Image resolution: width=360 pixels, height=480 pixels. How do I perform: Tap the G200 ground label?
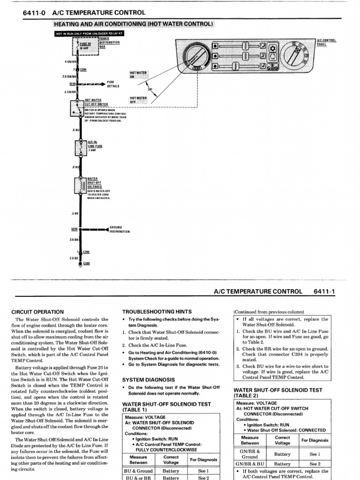click(x=86, y=264)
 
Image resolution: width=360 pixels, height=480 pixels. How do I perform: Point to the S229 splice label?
click(x=74, y=229)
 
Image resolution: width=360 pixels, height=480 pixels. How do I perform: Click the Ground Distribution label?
click(x=120, y=229)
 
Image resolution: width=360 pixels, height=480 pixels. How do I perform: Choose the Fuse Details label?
click(x=113, y=84)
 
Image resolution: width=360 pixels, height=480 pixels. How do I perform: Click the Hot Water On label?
click(x=138, y=75)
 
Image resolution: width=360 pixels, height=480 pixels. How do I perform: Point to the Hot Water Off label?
click(x=138, y=100)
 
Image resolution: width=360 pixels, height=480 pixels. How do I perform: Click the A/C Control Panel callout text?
click(x=327, y=42)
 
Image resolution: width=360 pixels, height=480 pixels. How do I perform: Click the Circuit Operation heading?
click(x=37, y=312)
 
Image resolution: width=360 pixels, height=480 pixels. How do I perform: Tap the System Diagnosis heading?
click(x=149, y=380)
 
